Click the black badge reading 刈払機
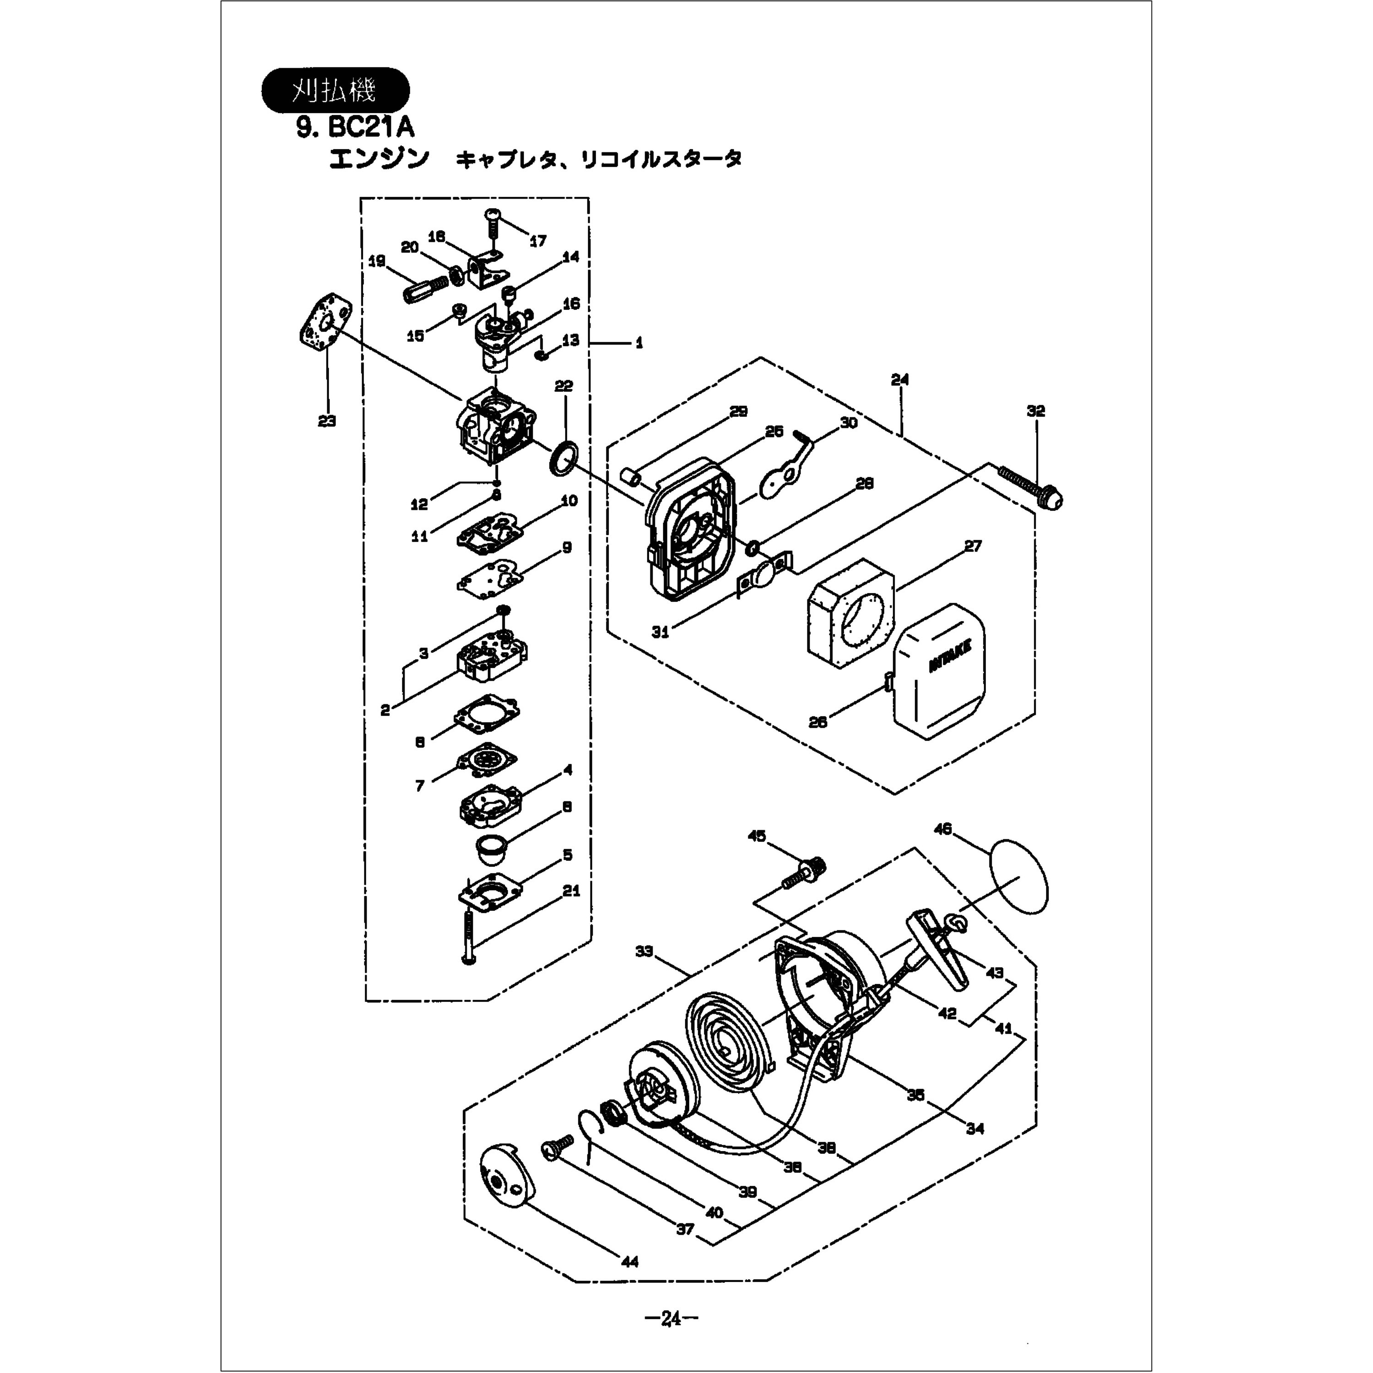click(335, 90)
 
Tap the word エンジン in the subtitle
click(379, 158)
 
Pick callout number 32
click(1035, 411)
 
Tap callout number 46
click(943, 829)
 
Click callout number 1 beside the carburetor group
click(639, 343)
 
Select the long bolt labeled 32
click(1031, 486)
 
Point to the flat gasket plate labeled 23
click(325, 324)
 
